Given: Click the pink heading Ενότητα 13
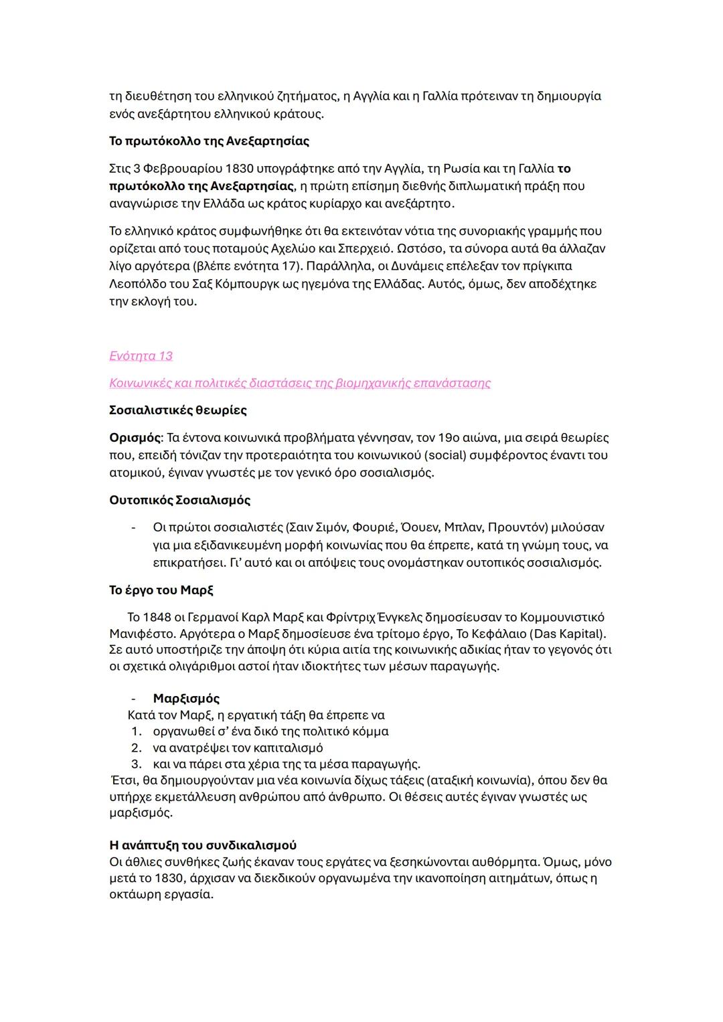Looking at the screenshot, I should (141, 355).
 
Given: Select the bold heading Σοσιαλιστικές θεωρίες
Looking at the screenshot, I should (178, 410).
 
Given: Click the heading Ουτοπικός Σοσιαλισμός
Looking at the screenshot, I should (179, 500).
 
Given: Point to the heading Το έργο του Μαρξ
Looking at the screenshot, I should (161, 590).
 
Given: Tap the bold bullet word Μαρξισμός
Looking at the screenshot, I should (186, 699).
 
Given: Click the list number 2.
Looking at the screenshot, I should (136, 748).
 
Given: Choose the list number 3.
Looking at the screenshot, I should (136, 764).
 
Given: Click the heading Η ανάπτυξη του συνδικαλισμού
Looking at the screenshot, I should (203, 845).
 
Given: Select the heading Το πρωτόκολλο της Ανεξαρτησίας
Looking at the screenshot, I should (209, 141).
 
